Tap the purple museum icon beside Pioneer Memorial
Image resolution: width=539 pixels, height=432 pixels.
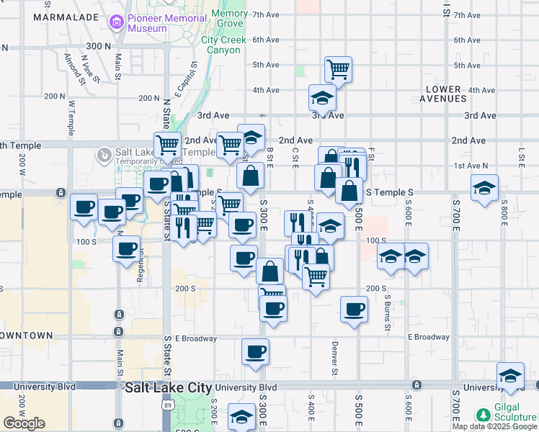pos(116,23)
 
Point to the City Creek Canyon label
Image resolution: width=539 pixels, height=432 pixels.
pos(223,45)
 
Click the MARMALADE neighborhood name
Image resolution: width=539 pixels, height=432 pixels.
pos(60,16)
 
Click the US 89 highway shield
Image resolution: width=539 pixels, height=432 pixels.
pos(166,407)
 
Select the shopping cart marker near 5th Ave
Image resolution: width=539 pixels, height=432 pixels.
pos(338,69)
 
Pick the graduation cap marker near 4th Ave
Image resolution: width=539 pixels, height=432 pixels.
pos(322,98)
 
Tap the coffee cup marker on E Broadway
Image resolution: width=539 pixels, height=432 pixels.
pos(255,351)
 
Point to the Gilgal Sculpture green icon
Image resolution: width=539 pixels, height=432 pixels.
pos(483,415)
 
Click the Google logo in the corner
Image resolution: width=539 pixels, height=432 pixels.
pos(24,423)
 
